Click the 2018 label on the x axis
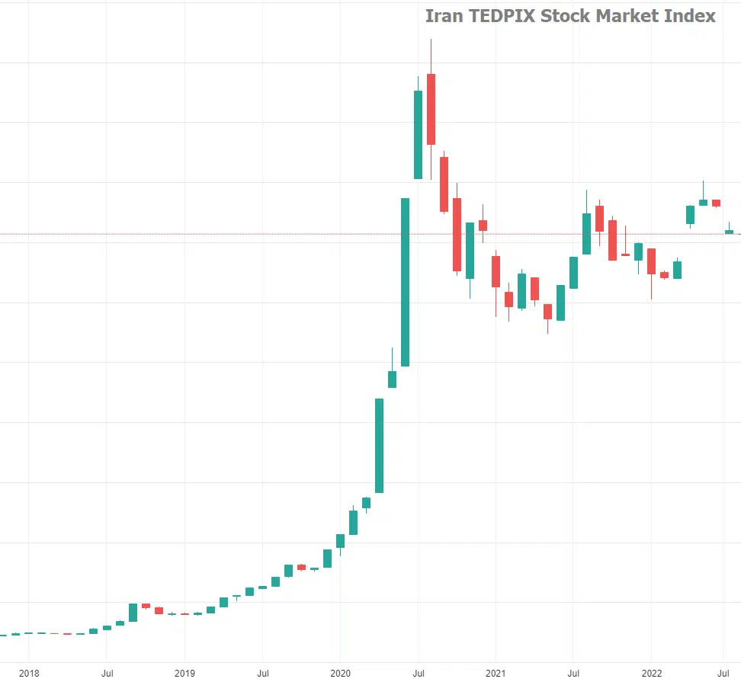coord(29,673)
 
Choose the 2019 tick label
coord(184,673)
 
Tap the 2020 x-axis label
coord(340,673)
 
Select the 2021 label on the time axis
coord(496,673)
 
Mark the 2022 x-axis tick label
coord(651,673)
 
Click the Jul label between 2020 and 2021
coord(418,673)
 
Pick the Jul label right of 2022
coord(724,673)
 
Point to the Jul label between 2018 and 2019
coord(107,673)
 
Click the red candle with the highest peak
coord(431,109)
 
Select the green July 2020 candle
coord(418,135)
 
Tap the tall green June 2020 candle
coord(405,282)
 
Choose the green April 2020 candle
coord(379,445)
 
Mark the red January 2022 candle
coord(651,261)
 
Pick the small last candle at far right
coord(729,232)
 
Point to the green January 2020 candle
coord(340,541)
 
